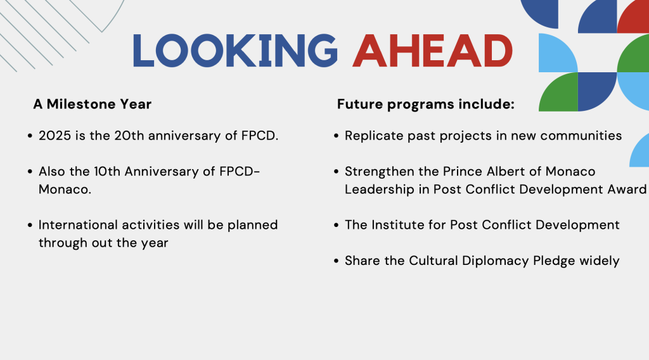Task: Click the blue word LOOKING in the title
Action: [235, 51]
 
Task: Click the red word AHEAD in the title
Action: [432, 51]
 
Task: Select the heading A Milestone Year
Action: [93, 104]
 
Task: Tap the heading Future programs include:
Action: [425, 105]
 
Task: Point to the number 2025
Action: [55, 136]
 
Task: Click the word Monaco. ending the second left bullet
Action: [65, 189]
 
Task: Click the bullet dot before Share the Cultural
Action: [336, 261]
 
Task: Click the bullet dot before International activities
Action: [30, 225]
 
